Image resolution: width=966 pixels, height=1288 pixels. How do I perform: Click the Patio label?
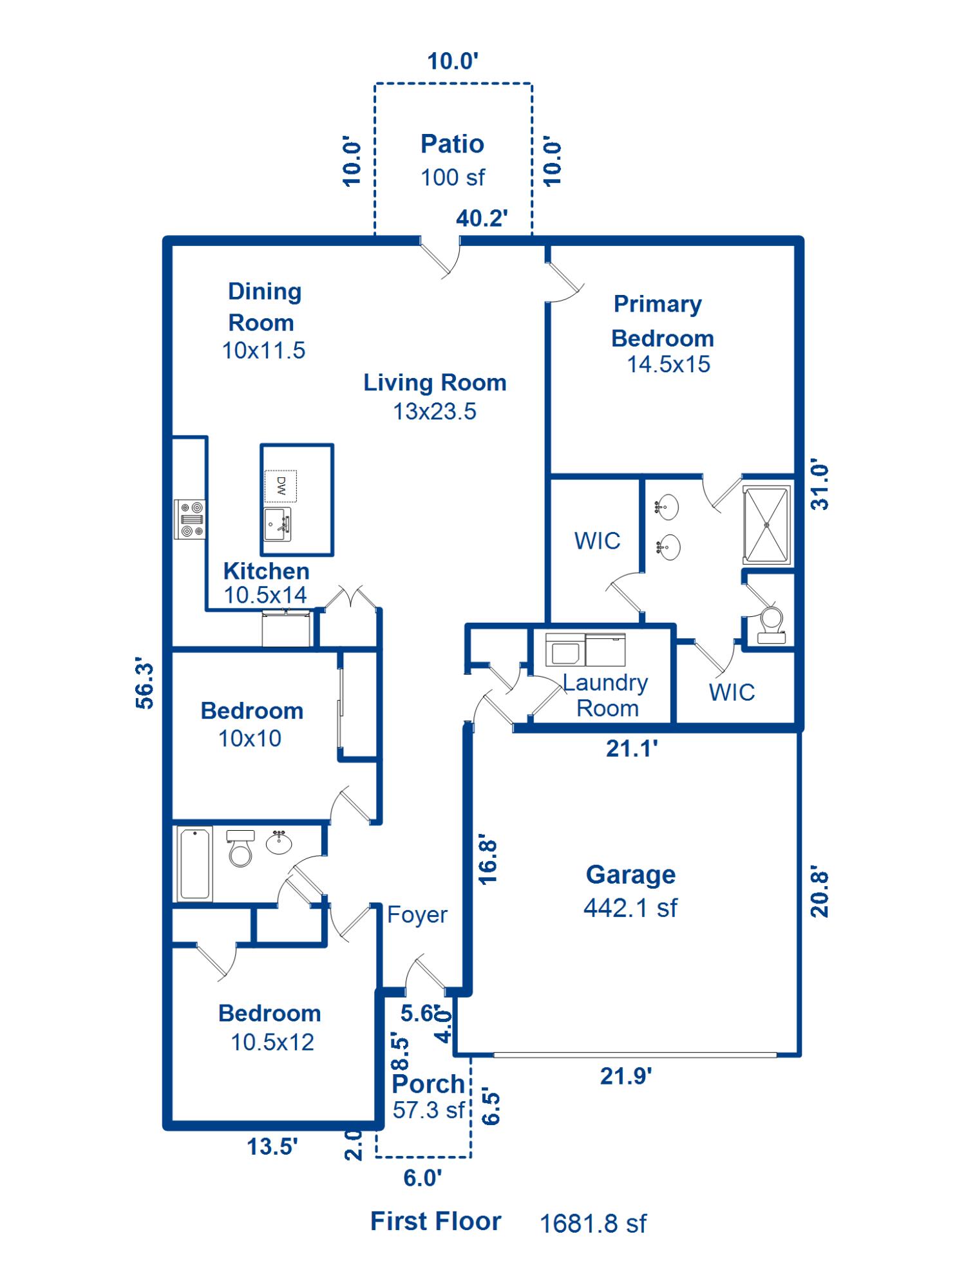452,144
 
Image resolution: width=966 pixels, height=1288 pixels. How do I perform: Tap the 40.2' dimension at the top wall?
482,218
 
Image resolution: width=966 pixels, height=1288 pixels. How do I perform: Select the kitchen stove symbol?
190,519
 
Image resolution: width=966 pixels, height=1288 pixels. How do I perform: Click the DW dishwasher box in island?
281,486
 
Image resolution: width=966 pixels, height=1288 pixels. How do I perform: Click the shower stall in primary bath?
766,525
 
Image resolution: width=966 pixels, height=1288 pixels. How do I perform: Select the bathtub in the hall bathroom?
194,864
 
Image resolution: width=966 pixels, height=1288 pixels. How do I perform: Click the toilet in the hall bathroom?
240,848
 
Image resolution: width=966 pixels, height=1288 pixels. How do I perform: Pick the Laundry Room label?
605,696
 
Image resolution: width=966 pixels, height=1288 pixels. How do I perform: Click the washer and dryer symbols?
585,649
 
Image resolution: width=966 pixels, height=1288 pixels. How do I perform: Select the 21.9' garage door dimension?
626,1076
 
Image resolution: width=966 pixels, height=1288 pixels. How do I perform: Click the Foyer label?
417,914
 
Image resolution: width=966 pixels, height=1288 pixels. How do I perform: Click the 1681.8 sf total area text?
593,1224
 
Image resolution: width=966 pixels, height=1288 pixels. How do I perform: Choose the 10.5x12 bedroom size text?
272,1042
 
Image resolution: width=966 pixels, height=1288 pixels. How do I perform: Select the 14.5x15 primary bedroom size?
668,365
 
